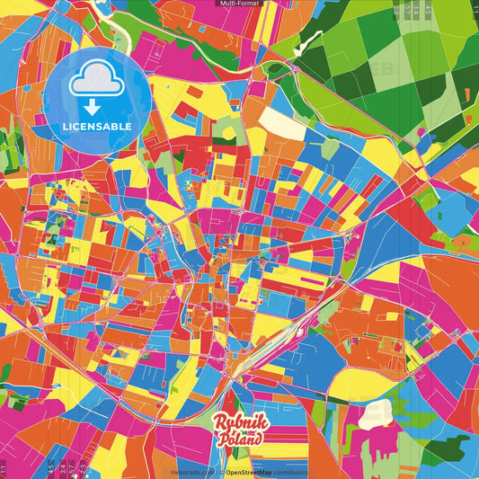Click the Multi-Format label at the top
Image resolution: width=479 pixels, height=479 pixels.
(239, 4)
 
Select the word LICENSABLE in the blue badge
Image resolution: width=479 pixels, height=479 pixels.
(96, 127)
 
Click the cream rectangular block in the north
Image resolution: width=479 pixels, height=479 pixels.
(282, 122)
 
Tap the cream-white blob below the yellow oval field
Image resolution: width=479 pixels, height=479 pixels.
(372, 414)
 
